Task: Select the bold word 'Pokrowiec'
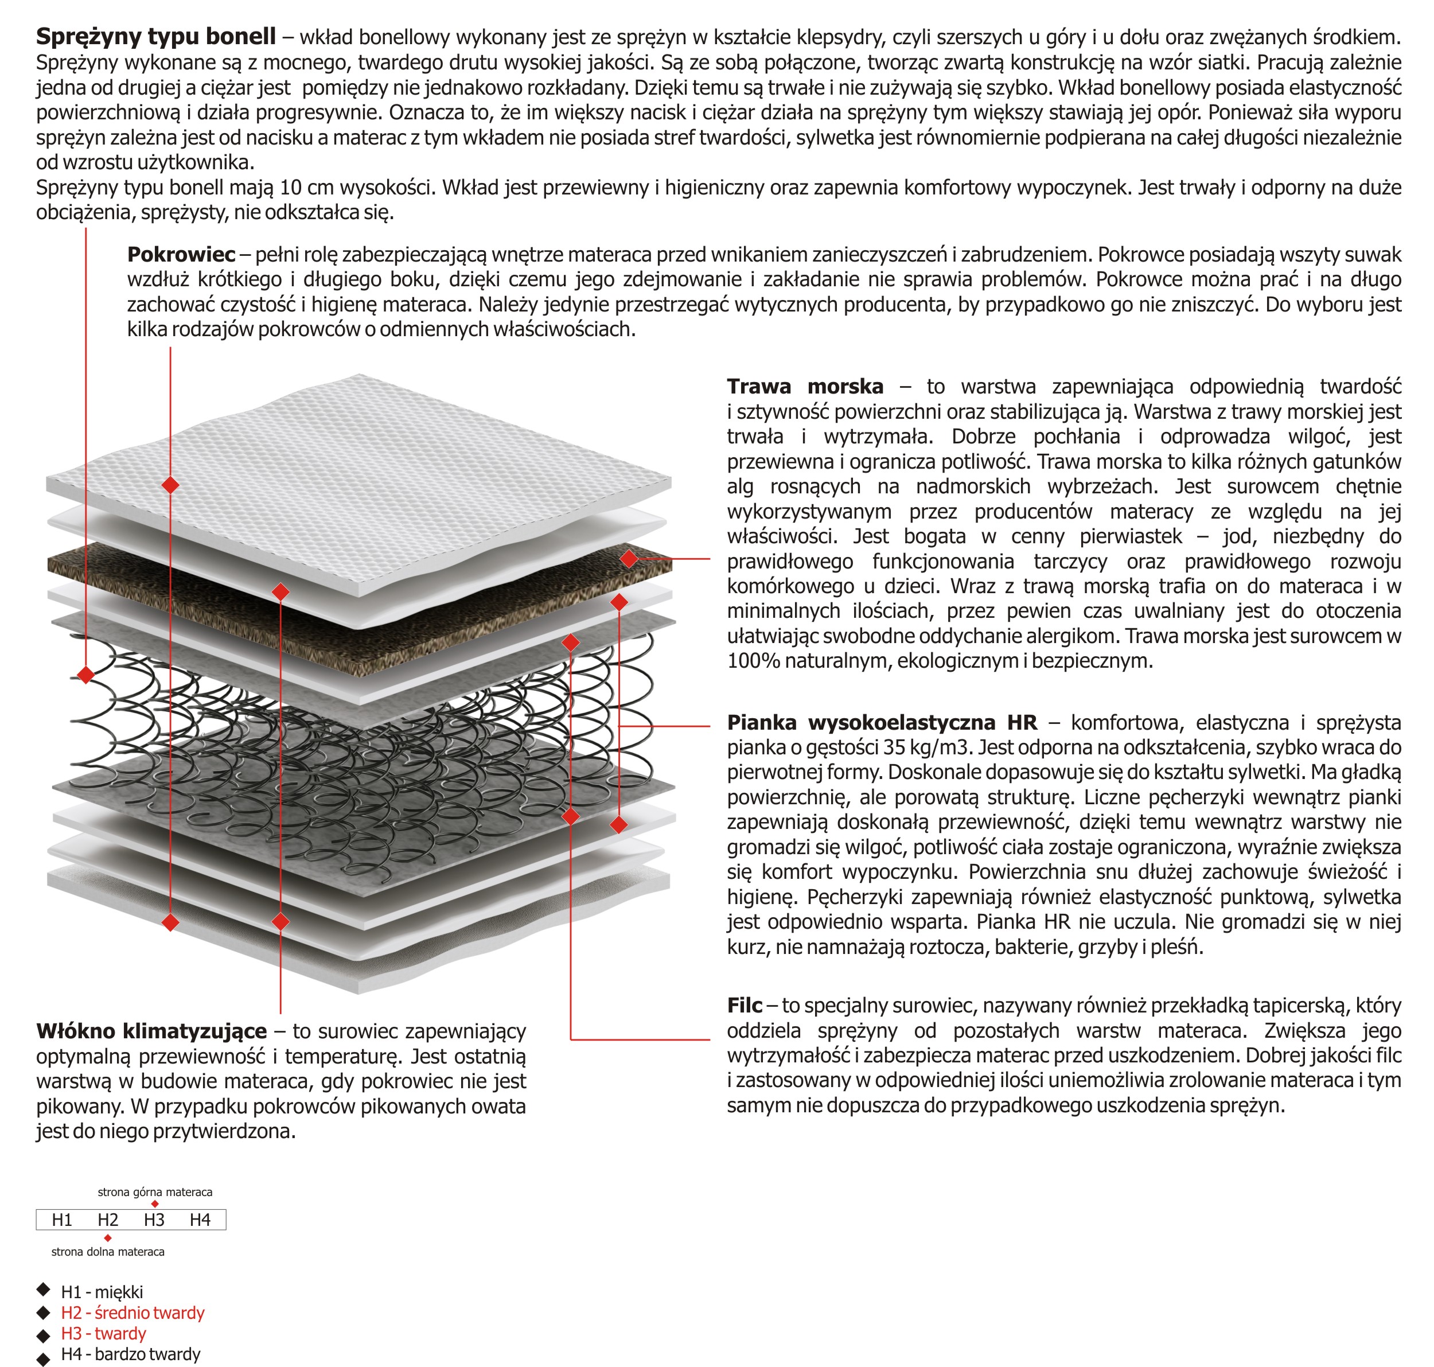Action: (x=181, y=254)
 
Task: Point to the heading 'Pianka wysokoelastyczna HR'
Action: (x=882, y=722)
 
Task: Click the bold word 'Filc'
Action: (x=744, y=1006)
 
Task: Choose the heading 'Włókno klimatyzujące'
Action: (x=151, y=1031)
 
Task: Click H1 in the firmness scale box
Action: (x=62, y=1220)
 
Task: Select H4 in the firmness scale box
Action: (x=200, y=1220)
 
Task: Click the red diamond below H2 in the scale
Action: (x=108, y=1238)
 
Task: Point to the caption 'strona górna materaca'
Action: (x=155, y=1192)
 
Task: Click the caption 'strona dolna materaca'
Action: (x=108, y=1252)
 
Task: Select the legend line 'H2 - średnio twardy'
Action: (x=133, y=1313)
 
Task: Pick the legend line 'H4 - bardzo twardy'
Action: (x=130, y=1354)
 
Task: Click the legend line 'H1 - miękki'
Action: (x=102, y=1292)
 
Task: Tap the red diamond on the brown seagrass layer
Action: (x=629, y=559)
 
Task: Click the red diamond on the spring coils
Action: (x=86, y=675)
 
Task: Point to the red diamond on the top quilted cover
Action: (x=170, y=485)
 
